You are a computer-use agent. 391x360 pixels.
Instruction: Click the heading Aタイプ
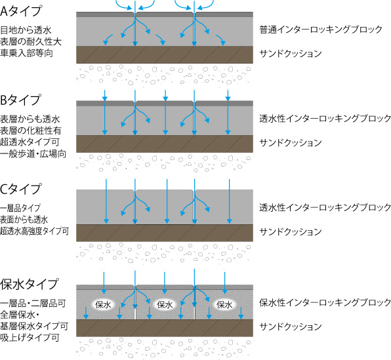pyautogui.click(x=21, y=11)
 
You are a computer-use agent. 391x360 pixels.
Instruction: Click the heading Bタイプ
pyautogui.click(x=20, y=100)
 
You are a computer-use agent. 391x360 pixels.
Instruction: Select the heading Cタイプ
pyautogui.click(x=20, y=189)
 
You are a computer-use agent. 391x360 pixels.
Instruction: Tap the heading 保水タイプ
pyautogui.click(x=30, y=284)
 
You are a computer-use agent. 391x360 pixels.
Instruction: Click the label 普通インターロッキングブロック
pyautogui.click(x=321, y=30)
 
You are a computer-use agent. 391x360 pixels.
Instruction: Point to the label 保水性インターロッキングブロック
pyautogui.click(x=325, y=302)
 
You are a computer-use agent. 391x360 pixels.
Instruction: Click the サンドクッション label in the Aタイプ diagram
pyautogui.click(x=291, y=54)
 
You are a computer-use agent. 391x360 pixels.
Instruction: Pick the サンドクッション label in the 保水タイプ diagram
pyautogui.click(x=291, y=327)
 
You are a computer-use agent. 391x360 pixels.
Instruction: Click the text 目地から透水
pyautogui.click(x=26, y=30)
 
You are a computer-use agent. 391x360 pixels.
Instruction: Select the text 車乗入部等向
pyautogui.click(x=26, y=53)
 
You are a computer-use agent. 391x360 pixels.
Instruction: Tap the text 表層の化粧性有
pyautogui.click(x=31, y=130)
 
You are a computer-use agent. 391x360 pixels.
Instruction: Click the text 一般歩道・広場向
pyautogui.click(x=33, y=154)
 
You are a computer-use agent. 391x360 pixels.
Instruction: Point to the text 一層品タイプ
pyautogui.click(x=20, y=208)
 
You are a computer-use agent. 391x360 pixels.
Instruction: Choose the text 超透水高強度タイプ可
pyautogui.click(x=34, y=231)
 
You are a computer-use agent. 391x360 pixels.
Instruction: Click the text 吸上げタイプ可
pyautogui.click(x=30, y=338)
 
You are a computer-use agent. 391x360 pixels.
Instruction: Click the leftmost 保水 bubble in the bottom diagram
pyautogui.click(x=103, y=304)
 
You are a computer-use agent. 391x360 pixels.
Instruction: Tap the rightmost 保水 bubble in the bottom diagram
pyautogui.click(x=224, y=304)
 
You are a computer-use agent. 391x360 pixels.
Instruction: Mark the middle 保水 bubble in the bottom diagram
pyautogui.click(x=165, y=304)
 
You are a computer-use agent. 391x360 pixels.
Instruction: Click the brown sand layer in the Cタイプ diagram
pyautogui.click(x=165, y=233)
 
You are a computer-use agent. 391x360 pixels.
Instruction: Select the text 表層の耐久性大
pyautogui.click(x=31, y=41)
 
